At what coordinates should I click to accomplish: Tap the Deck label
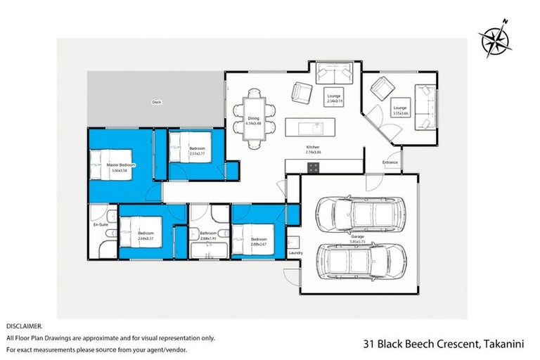coord(156,103)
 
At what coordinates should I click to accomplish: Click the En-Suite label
coord(101,225)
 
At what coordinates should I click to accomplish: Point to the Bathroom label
coord(208,233)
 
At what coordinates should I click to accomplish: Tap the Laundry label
coord(295,252)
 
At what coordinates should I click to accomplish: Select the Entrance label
coord(390,162)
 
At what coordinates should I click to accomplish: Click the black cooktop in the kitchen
coord(312,167)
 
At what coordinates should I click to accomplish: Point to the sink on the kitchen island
coord(314,127)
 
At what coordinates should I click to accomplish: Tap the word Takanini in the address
coord(505,344)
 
